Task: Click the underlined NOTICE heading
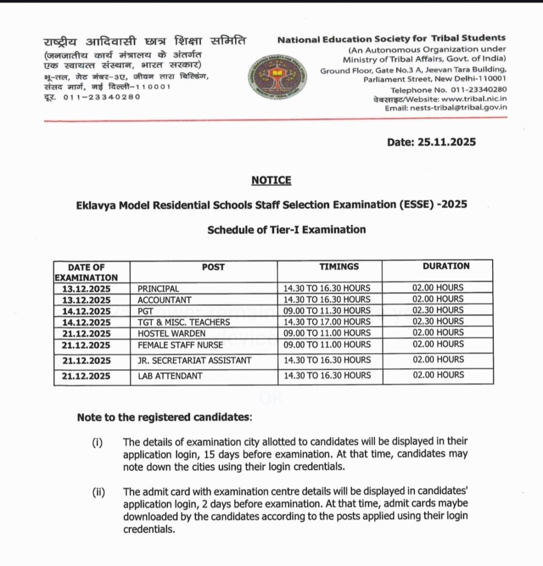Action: pyautogui.click(x=271, y=181)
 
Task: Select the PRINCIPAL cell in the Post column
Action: pyautogui.click(x=159, y=289)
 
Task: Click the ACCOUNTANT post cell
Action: pyautogui.click(x=165, y=300)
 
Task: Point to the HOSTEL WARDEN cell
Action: pyautogui.click(x=171, y=333)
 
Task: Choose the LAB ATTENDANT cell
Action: pyautogui.click(x=170, y=376)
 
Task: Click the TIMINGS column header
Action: pyautogui.click(x=339, y=266)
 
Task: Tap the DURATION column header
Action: pyautogui.click(x=446, y=266)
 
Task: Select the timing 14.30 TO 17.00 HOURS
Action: pyautogui.click(x=327, y=322)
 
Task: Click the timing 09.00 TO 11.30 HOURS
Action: pyautogui.click(x=327, y=311)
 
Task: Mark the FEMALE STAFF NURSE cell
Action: pyautogui.click(x=180, y=344)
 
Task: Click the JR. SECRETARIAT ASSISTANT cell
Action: pyautogui.click(x=194, y=360)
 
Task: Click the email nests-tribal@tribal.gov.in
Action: pyautogui.click(x=457, y=108)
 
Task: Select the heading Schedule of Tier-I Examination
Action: pyautogui.click(x=286, y=229)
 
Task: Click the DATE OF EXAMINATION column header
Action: pyautogui.click(x=86, y=271)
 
